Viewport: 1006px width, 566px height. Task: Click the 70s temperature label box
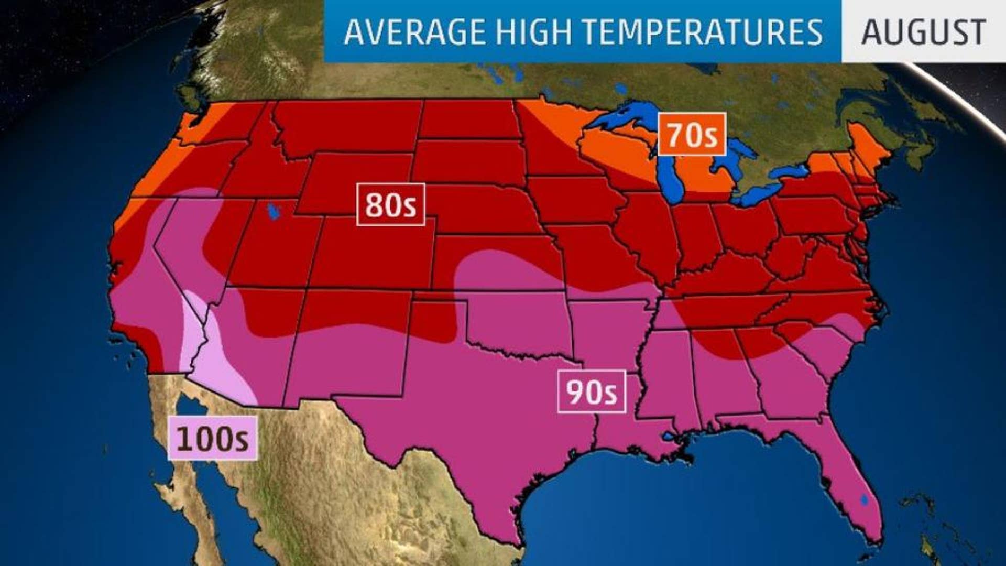coord(692,135)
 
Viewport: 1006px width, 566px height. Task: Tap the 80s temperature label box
coord(390,204)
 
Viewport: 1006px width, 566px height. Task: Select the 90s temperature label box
coord(591,391)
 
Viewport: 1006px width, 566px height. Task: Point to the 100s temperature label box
coord(212,439)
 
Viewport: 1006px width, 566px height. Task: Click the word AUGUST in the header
coord(923,32)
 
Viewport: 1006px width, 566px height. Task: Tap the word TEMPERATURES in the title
coord(702,32)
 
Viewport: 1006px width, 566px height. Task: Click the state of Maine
coord(867,149)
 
